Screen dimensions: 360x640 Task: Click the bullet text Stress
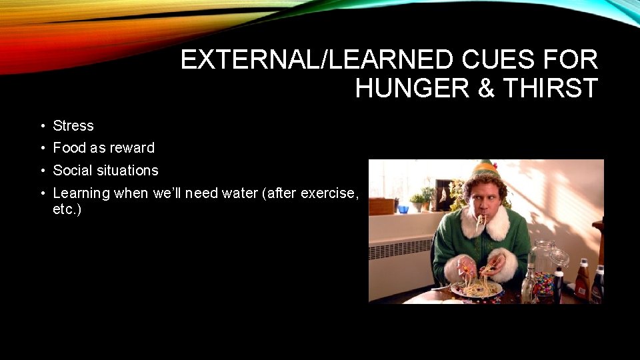[73, 125]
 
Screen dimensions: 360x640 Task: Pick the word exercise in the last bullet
[329, 193]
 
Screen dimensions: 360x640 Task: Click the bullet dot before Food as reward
[41, 148]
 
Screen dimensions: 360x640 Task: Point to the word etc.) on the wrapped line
[67, 210]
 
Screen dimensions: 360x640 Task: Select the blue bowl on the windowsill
[403, 209]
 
